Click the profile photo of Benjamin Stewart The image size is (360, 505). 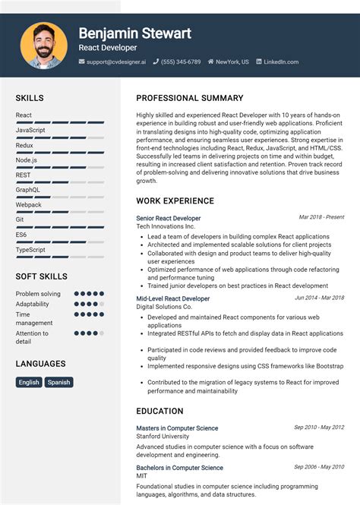tap(44, 45)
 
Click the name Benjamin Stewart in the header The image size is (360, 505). tap(134, 33)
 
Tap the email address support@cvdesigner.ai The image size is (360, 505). tap(113, 62)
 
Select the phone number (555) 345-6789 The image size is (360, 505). tap(181, 62)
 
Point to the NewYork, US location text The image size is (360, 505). tap(232, 62)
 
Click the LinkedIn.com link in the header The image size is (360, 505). tap(281, 62)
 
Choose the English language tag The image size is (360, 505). tap(29, 382)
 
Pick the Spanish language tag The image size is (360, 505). tap(58, 382)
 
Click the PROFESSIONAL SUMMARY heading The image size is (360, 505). tap(190, 98)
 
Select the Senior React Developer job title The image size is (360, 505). tap(169, 218)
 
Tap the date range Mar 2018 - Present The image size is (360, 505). tap(321, 217)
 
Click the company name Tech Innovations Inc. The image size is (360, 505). tap(166, 226)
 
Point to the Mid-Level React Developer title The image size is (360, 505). tap(173, 298)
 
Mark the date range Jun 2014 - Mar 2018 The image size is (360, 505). tap(319, 298)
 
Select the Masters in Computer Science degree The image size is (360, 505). tap(177, 428)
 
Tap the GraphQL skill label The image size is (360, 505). tap(28, 190)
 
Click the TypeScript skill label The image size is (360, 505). tap(30, 250)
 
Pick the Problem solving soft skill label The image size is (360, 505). tap(38, 294)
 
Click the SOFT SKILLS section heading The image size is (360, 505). tap(41, 276)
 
